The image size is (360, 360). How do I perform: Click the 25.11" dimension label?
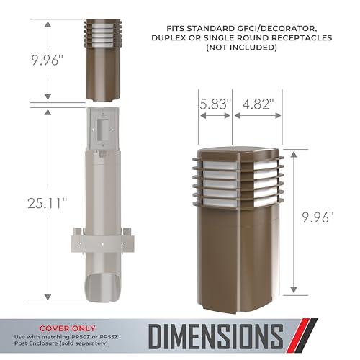pos(48,204)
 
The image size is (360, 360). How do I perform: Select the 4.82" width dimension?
pos(258,104)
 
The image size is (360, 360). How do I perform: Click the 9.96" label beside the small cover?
pos(48,60)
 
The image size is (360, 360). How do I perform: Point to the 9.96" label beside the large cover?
pos(318,217)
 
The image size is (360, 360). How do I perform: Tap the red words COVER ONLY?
pos(68,328)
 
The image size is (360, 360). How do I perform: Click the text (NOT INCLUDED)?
pos(242,48)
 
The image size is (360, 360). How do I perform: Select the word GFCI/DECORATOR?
pos(275,29)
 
